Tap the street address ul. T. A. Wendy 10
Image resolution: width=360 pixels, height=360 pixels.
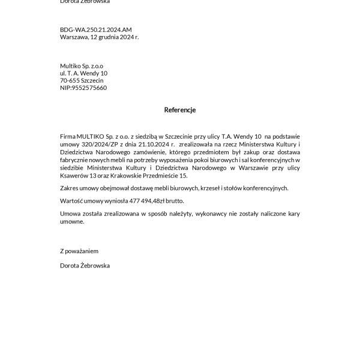click(83, 73)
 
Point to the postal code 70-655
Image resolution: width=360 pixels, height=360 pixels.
click(69, 80)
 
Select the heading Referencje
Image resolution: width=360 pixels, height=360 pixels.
click(180, 110)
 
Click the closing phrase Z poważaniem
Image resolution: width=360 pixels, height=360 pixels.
click(79, 250)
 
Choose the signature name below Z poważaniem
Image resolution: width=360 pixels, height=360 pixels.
click(85, 265)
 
